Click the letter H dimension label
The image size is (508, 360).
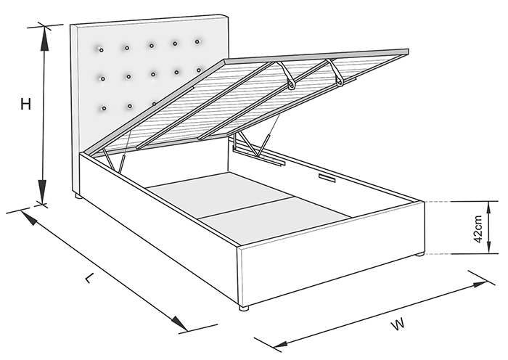click(25, 105)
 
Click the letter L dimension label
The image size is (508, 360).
click(91, 278)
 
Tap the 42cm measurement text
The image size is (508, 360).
click(478, 229)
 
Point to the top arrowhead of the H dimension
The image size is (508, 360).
click(45, 38)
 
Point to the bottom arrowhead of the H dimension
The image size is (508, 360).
click(42, 192)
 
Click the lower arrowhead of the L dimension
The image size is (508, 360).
click(179, 324)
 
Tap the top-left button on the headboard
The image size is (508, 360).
click(101, 50)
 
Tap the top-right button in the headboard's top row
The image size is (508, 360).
click(197, 41)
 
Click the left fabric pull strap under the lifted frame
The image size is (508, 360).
click(287, 75)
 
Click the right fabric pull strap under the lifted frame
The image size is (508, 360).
click(336, 73)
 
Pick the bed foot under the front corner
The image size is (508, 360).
click(244, 308)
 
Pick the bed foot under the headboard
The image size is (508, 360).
click(78, 195)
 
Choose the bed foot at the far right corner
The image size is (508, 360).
click(419, 255)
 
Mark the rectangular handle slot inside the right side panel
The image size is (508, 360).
click(327, 177)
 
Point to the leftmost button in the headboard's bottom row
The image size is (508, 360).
click(104, 108)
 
